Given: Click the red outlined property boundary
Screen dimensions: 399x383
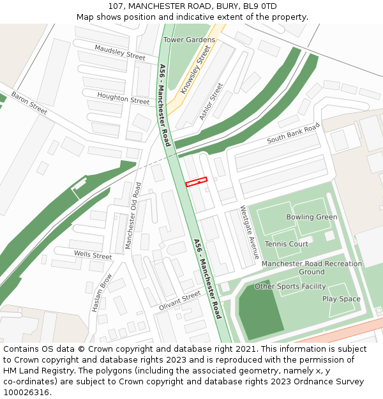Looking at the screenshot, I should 197,182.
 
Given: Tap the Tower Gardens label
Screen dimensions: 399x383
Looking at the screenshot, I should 190,40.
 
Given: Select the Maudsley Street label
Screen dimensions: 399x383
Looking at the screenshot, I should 120,52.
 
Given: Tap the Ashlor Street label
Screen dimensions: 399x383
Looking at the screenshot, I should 211,101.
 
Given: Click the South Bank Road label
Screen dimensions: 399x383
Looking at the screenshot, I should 292,133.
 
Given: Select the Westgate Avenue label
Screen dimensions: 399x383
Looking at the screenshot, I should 249,232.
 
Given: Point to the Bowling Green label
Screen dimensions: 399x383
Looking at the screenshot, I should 312,217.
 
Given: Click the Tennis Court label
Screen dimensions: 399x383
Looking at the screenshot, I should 286,244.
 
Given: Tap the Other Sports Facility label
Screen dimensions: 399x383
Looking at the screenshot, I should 290,287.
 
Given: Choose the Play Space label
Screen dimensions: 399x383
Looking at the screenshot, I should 341,299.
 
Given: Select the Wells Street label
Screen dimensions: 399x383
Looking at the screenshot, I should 93,255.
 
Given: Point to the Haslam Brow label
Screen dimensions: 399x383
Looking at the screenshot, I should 101,292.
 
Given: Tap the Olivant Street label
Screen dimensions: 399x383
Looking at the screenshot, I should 179,300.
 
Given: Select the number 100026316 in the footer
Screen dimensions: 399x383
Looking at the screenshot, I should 26,393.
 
